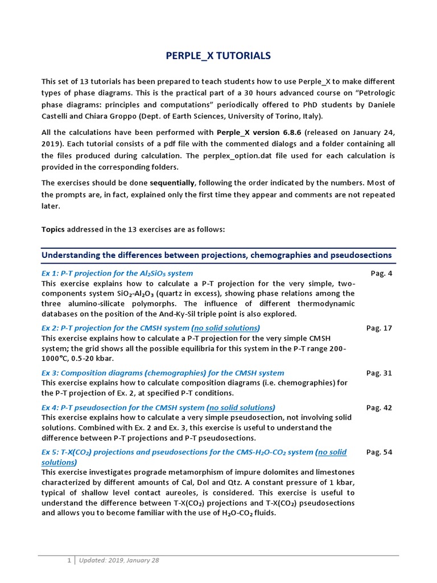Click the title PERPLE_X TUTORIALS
click(x=218, y=55)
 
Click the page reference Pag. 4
click(x=381, y=273)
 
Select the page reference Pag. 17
click(x=379, y=328)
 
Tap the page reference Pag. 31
click(x=379, y=373)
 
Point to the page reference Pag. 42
click(x=379, y=408)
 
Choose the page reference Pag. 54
click(x=379, y=452)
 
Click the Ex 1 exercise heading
click(x=117, y=273)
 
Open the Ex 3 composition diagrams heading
click(x=163, y=373)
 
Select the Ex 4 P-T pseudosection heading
click(x=123, y=408)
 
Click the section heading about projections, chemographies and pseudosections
click(x=216, y=254)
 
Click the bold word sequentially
click(x=172, y=183)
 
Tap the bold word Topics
click(x=53, y=229)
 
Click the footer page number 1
click(x=68, y=560)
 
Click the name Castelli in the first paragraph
click(x=56, y=116)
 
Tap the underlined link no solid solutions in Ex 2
click(x=226, y=328)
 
